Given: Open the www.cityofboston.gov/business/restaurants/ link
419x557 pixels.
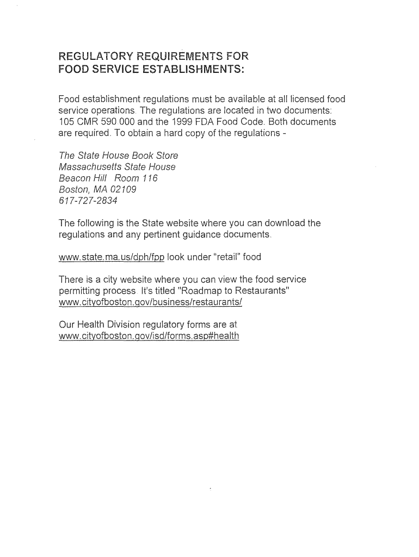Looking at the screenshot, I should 150,302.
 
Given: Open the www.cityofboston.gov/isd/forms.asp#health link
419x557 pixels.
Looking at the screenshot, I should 149,336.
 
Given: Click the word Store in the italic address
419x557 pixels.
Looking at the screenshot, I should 167,156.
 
